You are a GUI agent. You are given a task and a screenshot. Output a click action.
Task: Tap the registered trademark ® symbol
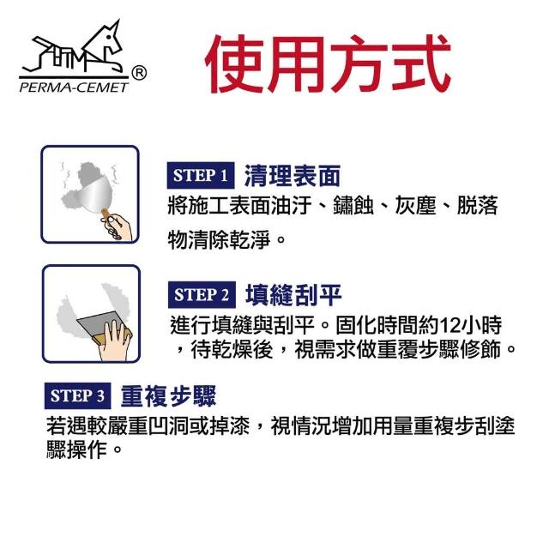(139, 74)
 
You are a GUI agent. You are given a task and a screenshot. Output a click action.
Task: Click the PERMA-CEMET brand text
(75, 87)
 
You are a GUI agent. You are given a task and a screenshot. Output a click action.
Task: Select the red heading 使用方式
(328, 63)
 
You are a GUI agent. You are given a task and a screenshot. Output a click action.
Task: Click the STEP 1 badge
(200, 175)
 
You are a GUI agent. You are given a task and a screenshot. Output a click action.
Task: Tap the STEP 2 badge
(202, 295)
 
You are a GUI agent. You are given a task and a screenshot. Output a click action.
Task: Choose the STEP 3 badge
(77, 395)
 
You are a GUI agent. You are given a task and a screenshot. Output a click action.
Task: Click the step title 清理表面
(293, 176)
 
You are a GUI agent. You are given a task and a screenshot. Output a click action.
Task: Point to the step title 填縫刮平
(293, 295)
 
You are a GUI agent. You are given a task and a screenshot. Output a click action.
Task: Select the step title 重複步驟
(168, 396)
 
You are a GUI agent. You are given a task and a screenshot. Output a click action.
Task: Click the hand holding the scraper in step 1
(117, 226)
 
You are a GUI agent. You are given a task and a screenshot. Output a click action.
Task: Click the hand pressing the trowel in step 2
(114, 341)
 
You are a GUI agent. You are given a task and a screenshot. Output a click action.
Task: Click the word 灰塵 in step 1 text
(415, 206)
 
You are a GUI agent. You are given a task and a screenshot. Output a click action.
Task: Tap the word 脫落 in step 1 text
(478, 206)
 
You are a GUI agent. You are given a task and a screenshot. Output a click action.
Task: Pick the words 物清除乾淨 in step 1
(220, 240)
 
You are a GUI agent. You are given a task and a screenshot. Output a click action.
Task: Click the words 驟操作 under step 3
(76, 449)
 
